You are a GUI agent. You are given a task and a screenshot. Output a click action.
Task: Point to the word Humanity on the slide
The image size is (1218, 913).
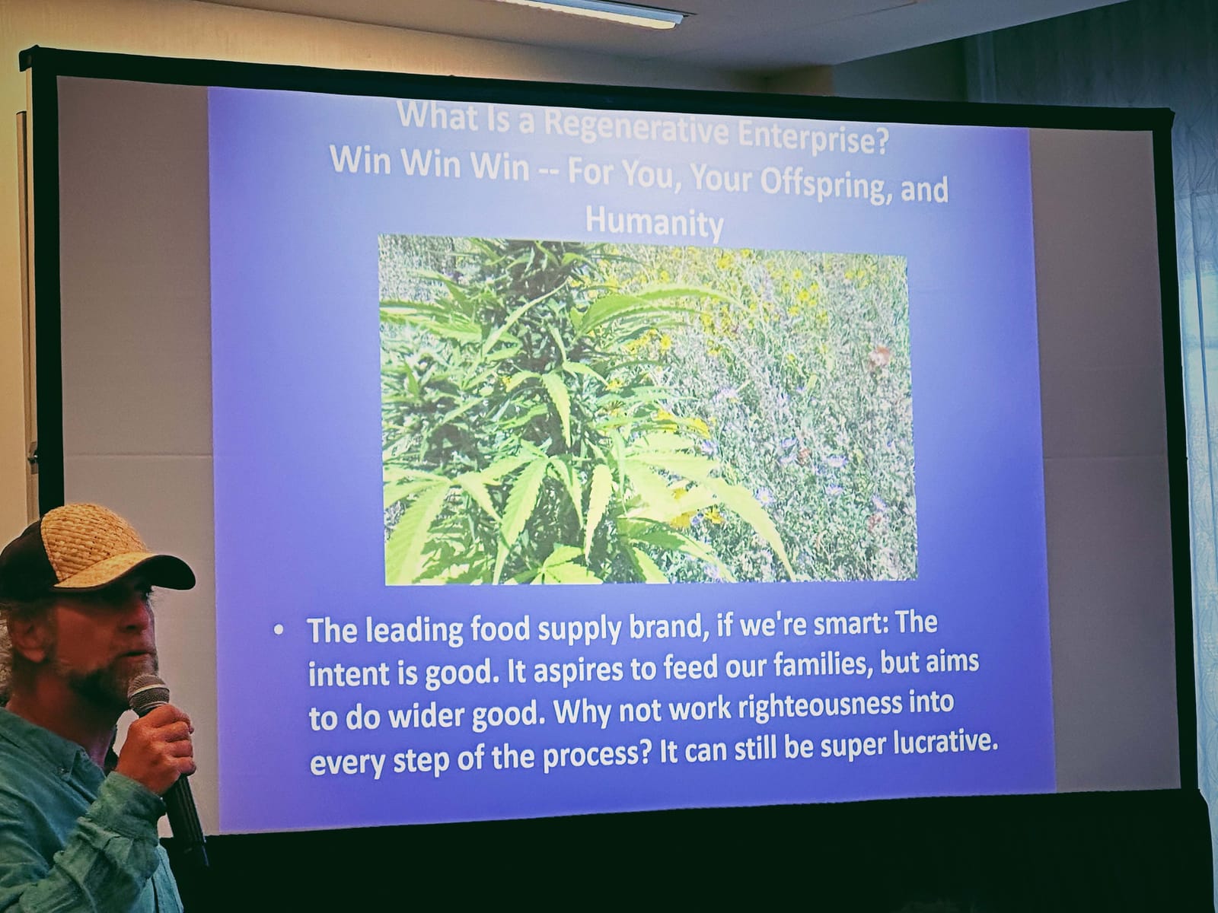pos(654,222)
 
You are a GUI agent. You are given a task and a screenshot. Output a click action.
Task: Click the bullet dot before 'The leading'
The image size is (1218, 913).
pos(279,629)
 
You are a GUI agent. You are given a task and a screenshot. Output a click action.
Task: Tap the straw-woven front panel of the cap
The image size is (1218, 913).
pos(91,542)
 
